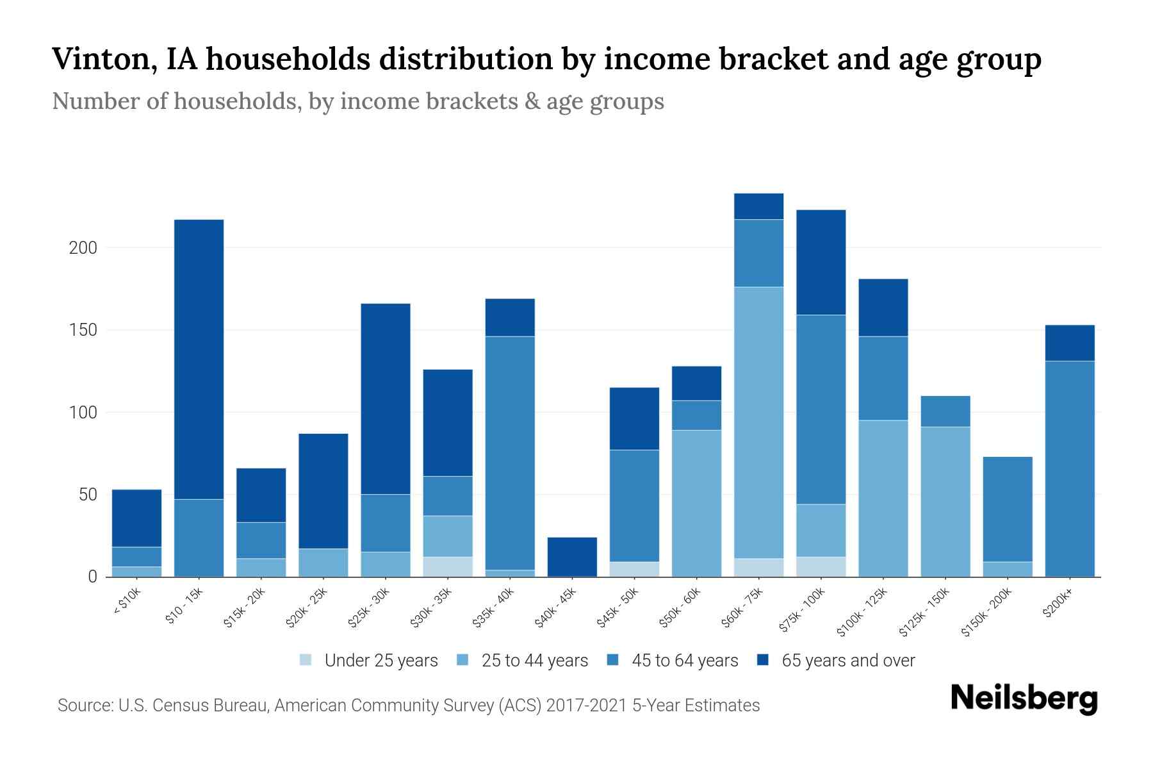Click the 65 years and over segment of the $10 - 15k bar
tap(199, 359)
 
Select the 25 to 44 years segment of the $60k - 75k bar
tap(758, 423)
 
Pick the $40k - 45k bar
tap(572, 557)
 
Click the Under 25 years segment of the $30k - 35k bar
tap(448, 566)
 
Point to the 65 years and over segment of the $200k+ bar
tap(1070, 343)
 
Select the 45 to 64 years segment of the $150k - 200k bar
tap(1008, 509)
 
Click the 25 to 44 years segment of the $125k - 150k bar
tap(945, 501)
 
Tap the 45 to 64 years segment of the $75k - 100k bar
tap(821, 409)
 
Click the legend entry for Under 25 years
tap(380, 661)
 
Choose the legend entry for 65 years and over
tap(847, 661)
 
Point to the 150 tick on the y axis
tap(83, 330)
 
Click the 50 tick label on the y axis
tap(87, 495)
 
